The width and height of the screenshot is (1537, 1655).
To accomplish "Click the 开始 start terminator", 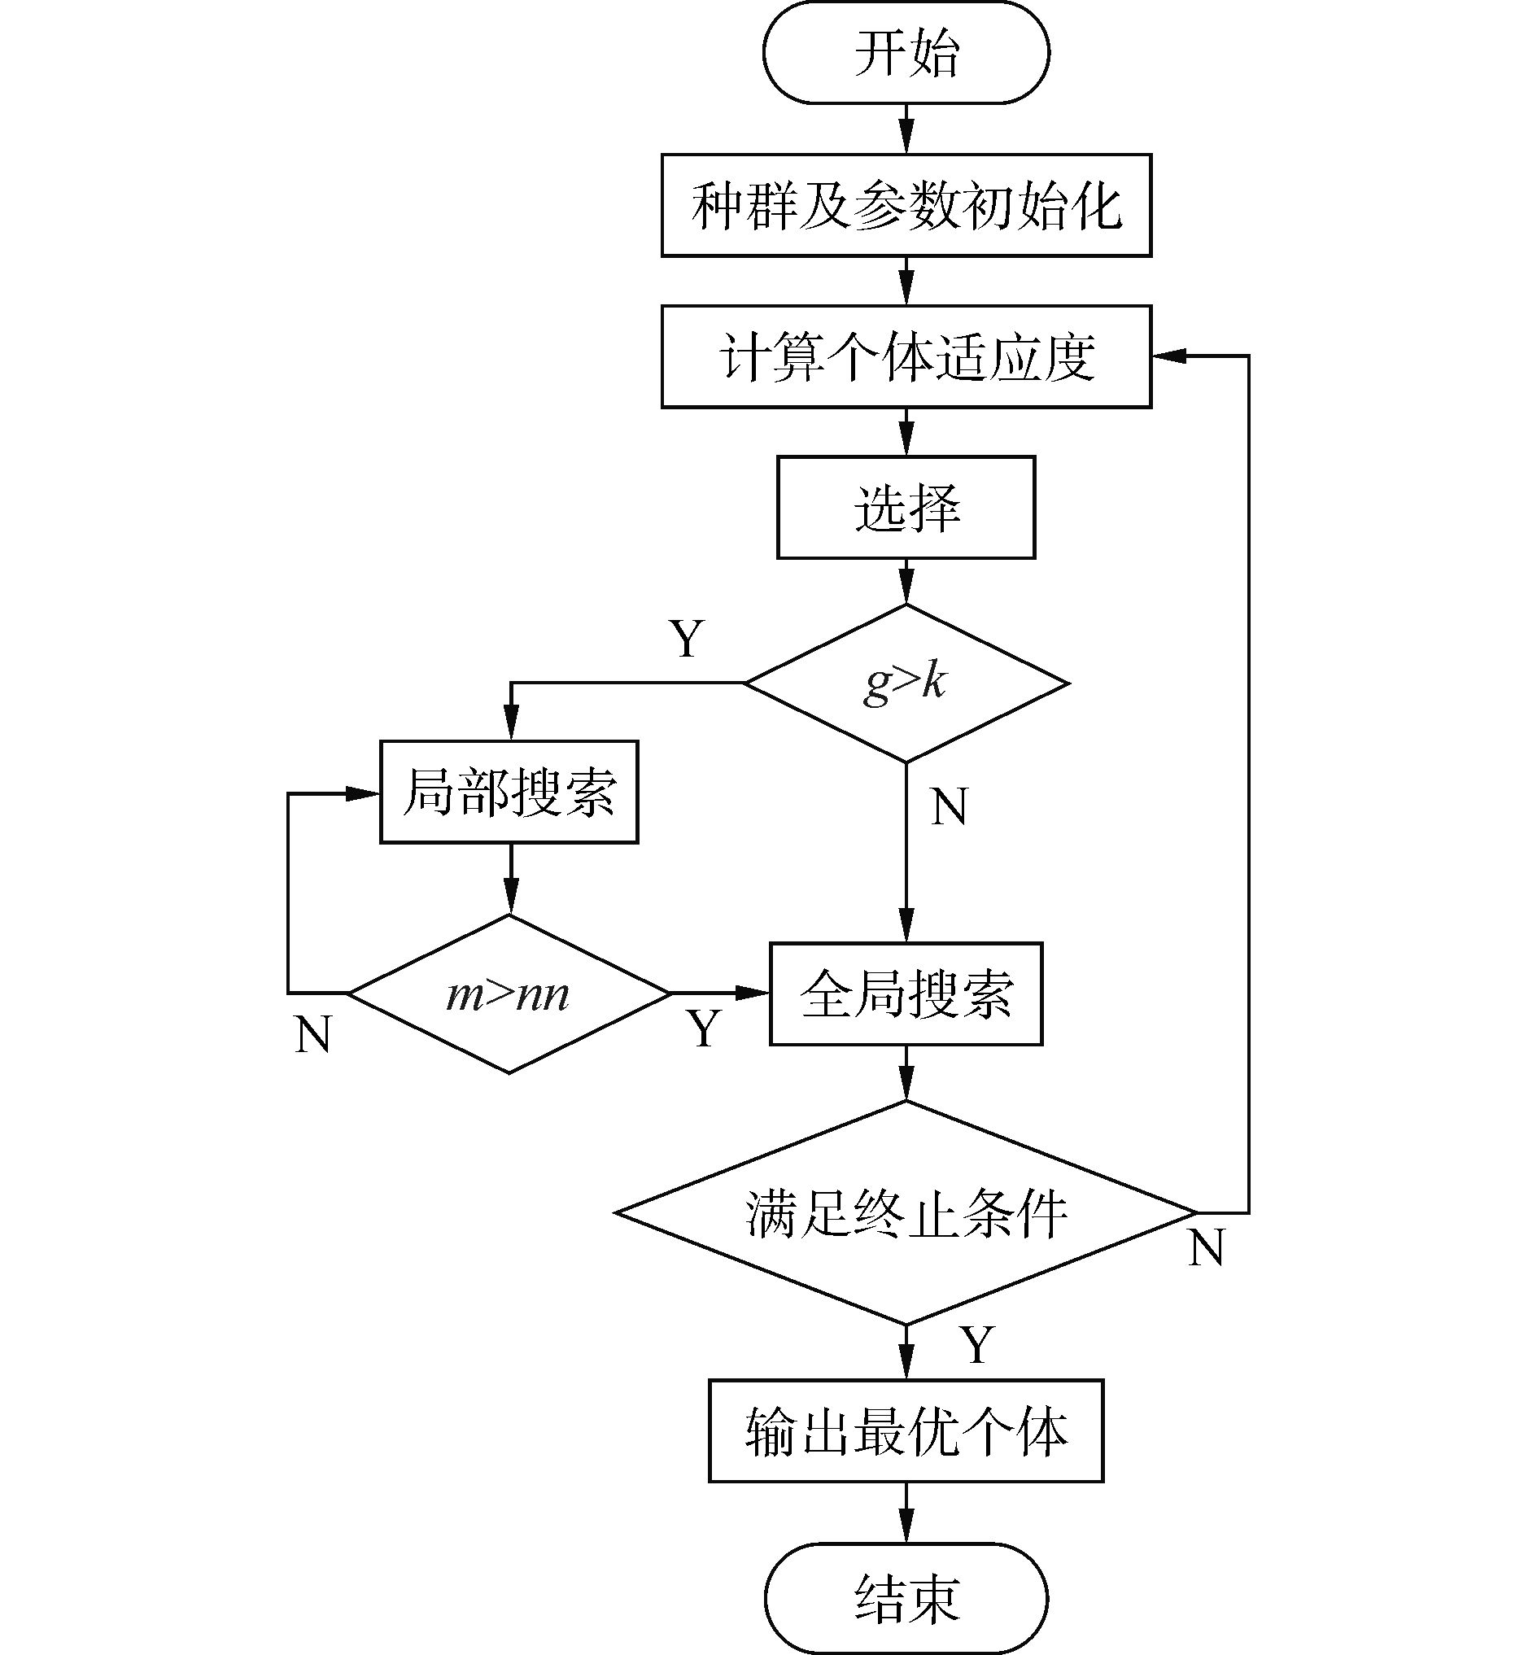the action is point(906,52).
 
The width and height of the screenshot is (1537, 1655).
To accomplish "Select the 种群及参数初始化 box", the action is point(906,205).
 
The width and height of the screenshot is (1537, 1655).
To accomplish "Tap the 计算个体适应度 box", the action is point(906,356).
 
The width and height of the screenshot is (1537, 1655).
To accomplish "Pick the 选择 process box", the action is point(906,507).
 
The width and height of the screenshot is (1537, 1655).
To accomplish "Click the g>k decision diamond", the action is point(906,683).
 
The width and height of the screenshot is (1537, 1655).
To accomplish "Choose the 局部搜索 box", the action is point(509,792).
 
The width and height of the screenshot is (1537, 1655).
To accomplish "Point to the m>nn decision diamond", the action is point(509,993).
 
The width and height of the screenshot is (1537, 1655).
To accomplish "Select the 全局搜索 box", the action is point(906,993).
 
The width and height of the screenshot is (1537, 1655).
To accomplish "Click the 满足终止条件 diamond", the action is point(906,1213).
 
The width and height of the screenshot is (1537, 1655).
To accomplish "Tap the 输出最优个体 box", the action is point(906,1431).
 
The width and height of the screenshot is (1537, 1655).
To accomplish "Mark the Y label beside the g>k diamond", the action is point(687,639).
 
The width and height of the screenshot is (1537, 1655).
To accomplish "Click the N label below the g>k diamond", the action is point(949,806).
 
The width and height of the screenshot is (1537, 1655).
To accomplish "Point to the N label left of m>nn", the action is point(312,1035).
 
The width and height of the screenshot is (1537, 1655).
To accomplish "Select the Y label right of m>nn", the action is point(704,1028).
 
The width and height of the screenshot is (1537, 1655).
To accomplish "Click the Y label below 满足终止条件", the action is point(977,1344).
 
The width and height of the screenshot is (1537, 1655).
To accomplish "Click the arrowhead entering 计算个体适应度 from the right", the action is point(1168,356).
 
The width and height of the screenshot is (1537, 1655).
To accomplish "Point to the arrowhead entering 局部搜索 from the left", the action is point(363,793).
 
